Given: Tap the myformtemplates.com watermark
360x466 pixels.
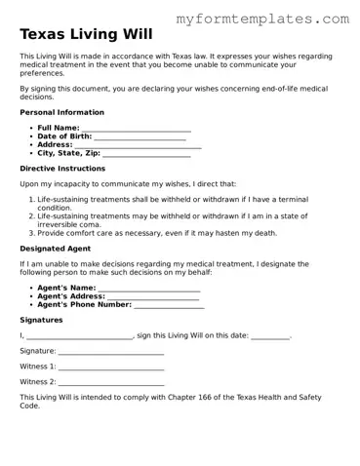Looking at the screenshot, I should pos(263,19).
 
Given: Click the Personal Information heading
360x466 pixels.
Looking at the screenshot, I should pos(61,112).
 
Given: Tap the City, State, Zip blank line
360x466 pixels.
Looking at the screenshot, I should pos(146,154).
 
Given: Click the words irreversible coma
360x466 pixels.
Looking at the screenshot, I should pos(68,224).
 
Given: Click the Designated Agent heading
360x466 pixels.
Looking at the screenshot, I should pos(56,249).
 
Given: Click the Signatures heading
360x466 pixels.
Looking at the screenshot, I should pos(41,320).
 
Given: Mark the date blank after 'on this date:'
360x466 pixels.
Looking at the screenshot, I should pos(270,336).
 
